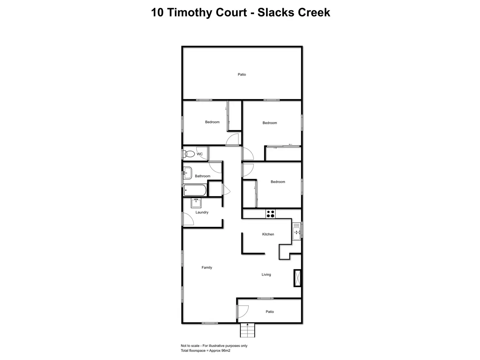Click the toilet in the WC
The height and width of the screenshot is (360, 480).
click(189, 154)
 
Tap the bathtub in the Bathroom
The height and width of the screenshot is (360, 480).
click(195, 190)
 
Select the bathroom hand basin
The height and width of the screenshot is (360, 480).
click(187, 173)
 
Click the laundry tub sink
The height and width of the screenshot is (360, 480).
click(196, 203)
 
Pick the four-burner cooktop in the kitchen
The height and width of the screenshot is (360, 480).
click(271, 214)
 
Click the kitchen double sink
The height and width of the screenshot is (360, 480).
click(296, 231)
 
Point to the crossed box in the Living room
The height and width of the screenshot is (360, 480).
click(297, 278)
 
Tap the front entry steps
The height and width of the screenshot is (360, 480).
click(247, 330)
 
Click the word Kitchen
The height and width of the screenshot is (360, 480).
click(268, 234)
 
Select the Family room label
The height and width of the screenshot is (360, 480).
click(207, 267)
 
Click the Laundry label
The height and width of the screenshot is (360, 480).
click(202, 212)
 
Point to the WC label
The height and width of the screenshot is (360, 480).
click(200, 154)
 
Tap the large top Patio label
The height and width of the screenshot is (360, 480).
click(242, 74)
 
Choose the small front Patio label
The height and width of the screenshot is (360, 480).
click(270, 312)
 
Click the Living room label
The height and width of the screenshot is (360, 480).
click(266, 275)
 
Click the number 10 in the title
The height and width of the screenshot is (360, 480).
click(157, 12)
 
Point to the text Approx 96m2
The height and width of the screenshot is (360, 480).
click(220, 351)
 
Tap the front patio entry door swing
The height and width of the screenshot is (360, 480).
click(243, 311)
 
